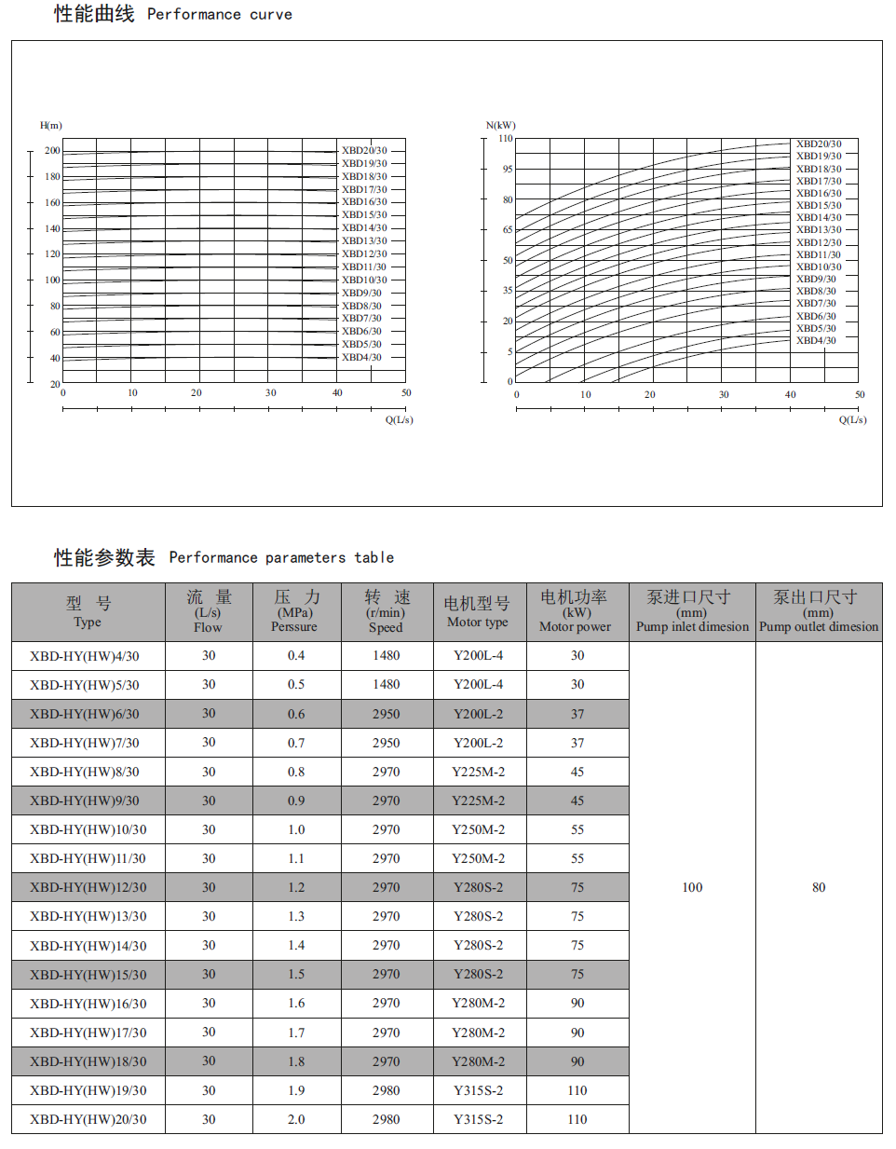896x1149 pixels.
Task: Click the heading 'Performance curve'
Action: coord(219,14)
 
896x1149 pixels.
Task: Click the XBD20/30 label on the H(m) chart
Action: coord(364,150)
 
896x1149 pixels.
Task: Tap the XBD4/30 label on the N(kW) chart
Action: coord(816,340)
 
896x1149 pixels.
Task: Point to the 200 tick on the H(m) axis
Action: coord(52,150)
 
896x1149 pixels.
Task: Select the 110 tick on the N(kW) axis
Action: coord(506,138)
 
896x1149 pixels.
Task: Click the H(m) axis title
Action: coord(51,125)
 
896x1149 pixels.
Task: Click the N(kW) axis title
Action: coord(500,125)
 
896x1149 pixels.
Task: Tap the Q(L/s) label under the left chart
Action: coord(400,419)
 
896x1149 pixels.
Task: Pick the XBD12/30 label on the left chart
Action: coord(364,253)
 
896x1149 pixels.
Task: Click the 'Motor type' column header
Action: coord(478,612)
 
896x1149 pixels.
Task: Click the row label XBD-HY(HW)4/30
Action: coord(85,656)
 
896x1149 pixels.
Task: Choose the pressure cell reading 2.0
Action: coord(296,1119)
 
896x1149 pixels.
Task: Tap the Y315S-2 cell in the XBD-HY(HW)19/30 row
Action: coord(479,1090)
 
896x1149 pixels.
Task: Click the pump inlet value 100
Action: coord(692,887)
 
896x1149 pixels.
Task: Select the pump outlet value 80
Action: coord(819,887)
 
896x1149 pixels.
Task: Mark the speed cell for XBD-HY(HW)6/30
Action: coord(387,714)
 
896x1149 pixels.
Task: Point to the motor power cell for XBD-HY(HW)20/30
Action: coord(577,1119)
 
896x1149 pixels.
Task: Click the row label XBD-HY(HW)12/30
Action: coord(88,887)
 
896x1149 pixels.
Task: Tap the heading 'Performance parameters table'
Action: coord(281,557)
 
